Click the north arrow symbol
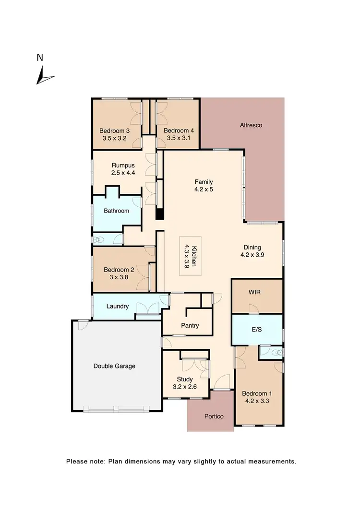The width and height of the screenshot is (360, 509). [45, 75]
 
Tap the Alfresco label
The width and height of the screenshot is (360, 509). [251, 125]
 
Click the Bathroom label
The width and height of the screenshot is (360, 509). [117, 211]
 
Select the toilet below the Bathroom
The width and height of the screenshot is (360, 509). [98, 239]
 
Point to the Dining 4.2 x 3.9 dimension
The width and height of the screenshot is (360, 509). [252, 255]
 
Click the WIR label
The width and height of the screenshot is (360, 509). [254, 292]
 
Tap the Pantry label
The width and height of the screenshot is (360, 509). [190, 326]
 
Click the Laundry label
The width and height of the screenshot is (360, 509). [117, 306]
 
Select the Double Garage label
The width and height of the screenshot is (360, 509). [114, 366]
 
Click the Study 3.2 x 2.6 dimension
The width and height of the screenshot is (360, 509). [184, 386]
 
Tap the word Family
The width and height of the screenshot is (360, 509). [204, 182]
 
